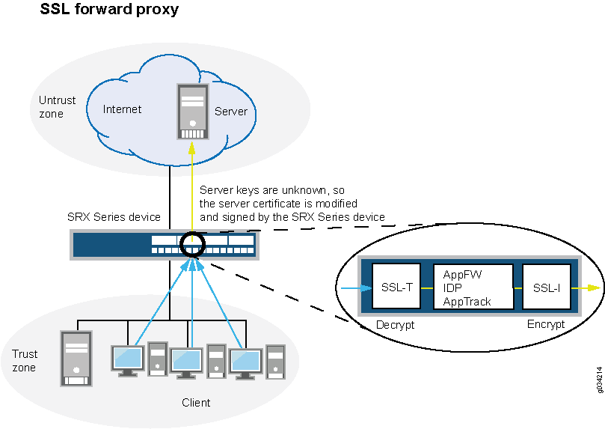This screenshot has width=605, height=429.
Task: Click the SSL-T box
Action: click(x=396, y=286)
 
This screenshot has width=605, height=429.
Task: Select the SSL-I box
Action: click(x=546, y=286)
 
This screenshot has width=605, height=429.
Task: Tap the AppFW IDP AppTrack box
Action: click(x=473, y=286)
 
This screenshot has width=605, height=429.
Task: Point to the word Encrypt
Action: click(x=546, y=325)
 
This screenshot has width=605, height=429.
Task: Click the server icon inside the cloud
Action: click(x=193, y=112)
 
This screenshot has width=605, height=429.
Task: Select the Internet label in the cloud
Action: click(x=122, y=109)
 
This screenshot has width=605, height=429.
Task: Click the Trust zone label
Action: click(x=24, y=360)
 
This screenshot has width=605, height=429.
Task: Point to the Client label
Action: click(x=196, y=403)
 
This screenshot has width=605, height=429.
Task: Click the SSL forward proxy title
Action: click(x=109, y=10)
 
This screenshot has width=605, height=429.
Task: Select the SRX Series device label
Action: click(x=114, y=217)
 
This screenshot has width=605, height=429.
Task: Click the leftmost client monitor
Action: click(x=126, y=359)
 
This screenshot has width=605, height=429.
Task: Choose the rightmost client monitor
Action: click(x=246, y=360)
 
